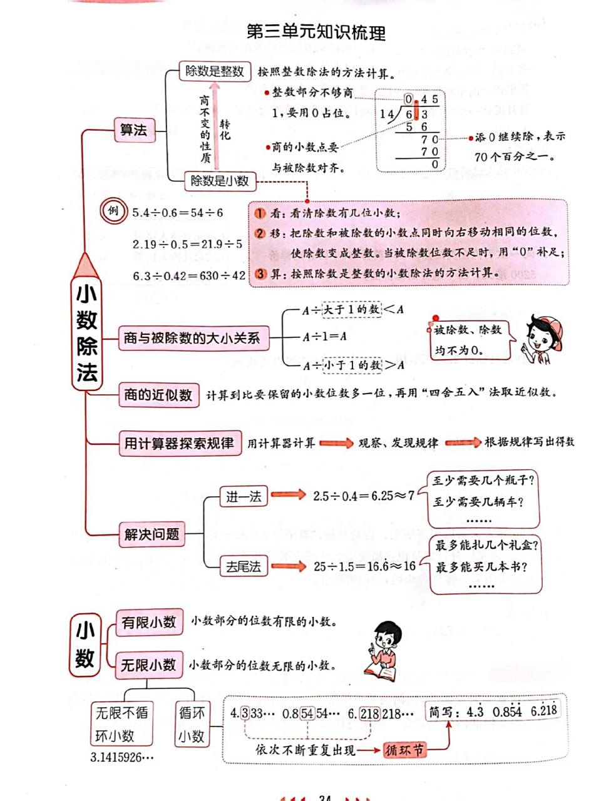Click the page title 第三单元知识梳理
[316, 33]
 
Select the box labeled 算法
[134, 130]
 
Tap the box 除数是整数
[215, 71]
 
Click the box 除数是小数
[220, 181]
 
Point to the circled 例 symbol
[113, 211]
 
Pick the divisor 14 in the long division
[386, 115]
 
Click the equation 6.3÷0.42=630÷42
[189, 275]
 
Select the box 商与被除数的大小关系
[192, 339]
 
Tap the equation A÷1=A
[324, 337]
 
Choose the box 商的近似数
[158, 395]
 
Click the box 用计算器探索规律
[179, 443]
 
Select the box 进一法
[243, 497]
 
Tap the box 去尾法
[243, 567]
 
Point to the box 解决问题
[152, 534]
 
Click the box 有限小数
[149, 623]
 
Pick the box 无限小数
[148, 665]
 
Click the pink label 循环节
[404, 750]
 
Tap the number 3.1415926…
[122, 757]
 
